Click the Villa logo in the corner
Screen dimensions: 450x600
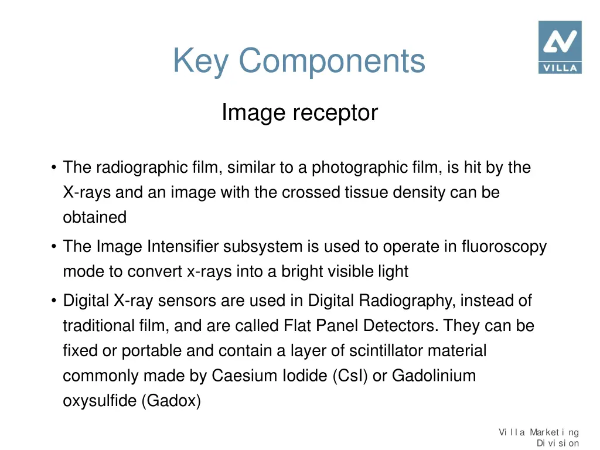pos(560,47)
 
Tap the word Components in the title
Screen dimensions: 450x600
pos(332,61)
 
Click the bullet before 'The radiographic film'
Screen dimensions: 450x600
pos(53,168)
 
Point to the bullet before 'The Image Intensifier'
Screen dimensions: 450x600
pos(53,247)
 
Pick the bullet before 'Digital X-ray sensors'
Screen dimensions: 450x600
pos(53,301)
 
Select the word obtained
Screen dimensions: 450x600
pos(94,217)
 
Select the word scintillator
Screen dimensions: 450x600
pos(386,351)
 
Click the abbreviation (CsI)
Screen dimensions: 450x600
pos(350,376)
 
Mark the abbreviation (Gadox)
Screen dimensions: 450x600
pos(171,401)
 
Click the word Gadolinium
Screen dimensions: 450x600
pos(434,376)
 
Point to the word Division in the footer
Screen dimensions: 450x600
pos(558,444)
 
